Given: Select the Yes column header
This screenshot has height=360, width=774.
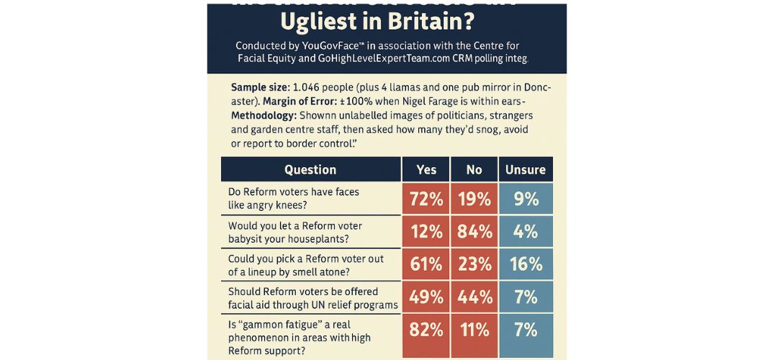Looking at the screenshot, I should point(426,170).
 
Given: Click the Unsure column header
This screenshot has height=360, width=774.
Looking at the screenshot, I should point(526,170).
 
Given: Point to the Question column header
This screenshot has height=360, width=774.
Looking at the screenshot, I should point(310,170).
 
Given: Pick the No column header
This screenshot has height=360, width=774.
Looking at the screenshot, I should point(474,170).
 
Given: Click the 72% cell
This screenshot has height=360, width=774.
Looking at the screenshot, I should point(426,199).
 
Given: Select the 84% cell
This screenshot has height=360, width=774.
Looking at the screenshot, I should point(474,232).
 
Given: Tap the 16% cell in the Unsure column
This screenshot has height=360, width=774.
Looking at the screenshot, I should point(526,264).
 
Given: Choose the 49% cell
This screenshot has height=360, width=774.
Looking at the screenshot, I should point(426,297).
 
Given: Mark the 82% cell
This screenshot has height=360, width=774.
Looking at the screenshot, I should point(426,330).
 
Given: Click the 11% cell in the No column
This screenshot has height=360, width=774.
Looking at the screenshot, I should point(474,330).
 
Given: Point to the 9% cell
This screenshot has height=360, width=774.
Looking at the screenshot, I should point(526,199).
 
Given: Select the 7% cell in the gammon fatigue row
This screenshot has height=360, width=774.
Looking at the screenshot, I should point(526,330).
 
